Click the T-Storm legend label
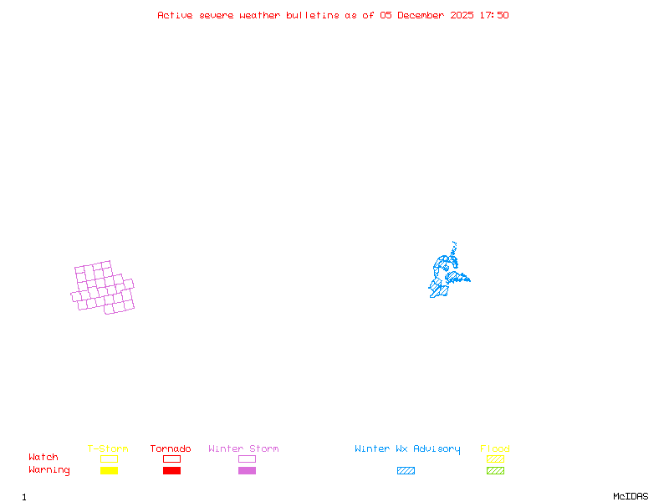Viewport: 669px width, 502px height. pyautogui.click(x=108, y=449)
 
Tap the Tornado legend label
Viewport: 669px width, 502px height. pyautogui.click(x=171, y=449)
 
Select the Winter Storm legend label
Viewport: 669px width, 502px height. pyautogui.click(x=243, y=449)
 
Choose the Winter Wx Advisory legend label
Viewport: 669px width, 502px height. pyautogui.click(x=407, y=449)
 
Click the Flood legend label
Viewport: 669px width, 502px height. pyautogui.click(x=495, y=449)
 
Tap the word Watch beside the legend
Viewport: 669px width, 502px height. pyautogui.click(x=43, y=458)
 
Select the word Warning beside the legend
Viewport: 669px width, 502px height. pyautogui.click(x=49, y=470)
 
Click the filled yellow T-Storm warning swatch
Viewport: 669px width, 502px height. pyautogui.click(x=109, y=471)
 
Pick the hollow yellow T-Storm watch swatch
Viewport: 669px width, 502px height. pyautogui.click(x=109, y=458)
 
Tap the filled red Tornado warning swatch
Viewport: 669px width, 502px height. pyautogui.click(x=171, y=471)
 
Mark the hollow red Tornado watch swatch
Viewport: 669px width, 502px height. pyautogui.click(x=171, y=458)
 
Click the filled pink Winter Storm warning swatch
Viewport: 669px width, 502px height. pyautogui.click(x=247, y=471)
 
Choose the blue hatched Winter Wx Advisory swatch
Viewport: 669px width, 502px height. pyautogui.click(x=406, y=471)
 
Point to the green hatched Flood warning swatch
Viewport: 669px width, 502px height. pyautogui.click(x=495, y=471)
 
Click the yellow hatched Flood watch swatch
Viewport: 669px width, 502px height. pyautogui.click(x=495, y=458)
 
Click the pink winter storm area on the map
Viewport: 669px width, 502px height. pyautogui.click(x=103, y=289)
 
